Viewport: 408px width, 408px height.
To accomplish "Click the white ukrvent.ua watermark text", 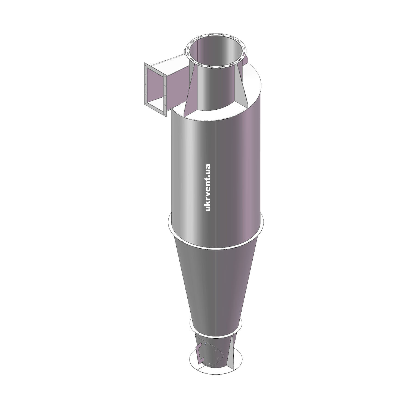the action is point(208,187).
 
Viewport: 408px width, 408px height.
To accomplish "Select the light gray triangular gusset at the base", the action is point(231,353).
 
